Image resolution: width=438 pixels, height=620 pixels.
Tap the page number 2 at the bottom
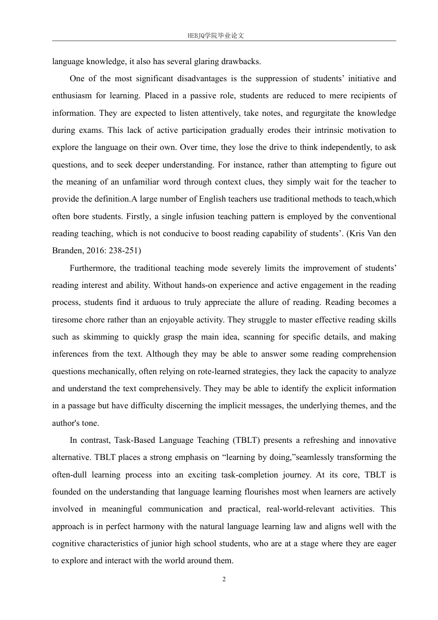coord(224,579)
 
